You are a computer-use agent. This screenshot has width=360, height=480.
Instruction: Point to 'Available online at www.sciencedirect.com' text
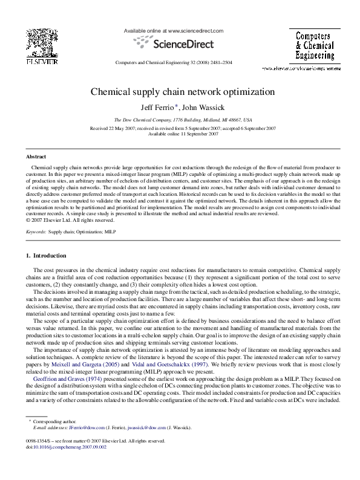(x=174, y=30)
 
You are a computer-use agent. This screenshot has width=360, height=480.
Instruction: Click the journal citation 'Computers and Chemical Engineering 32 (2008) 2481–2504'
(x=174, y=63)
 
